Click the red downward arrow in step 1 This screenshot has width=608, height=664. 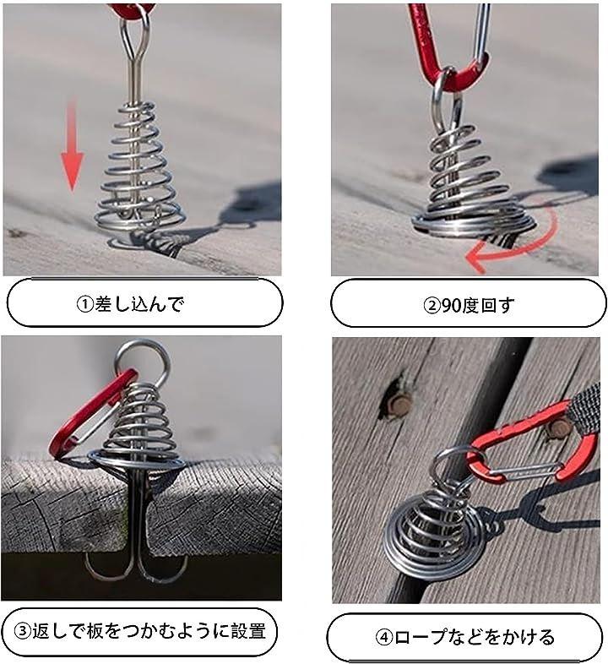pyautogui.click(x=73, y=148)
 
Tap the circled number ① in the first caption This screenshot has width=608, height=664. pyautogui.click(x=84, y=304)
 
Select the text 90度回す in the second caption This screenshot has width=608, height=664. pyautogui.click(x=478, y=305)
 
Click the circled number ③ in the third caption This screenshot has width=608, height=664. pyautogui.click(x=23, y=631)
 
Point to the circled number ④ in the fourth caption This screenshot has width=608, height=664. pyautogui.click(x=384, y=637)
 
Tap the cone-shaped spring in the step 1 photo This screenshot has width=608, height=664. pyautogui.click(x=139, y=170)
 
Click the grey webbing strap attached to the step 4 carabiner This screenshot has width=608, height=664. pyautogui.click(x=586, y=406)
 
